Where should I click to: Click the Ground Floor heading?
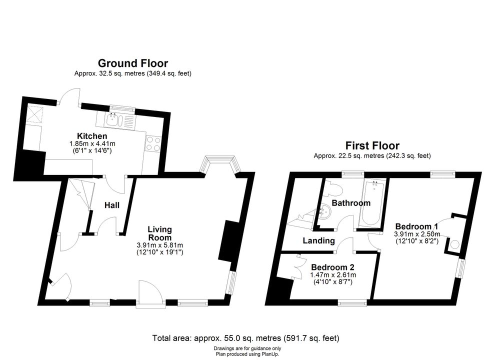point(133,63)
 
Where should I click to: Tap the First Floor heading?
point(372,145)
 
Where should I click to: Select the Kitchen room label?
point(92,136)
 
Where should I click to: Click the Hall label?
point(112,205)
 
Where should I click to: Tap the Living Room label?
point(159,233)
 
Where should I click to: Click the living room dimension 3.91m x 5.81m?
point(159,245)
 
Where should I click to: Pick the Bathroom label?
point(351,202)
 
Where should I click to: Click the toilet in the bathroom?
point(334,189)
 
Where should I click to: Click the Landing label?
point(318,240)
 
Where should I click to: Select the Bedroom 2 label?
point(332,267)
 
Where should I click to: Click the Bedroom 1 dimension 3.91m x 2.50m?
point(416,234)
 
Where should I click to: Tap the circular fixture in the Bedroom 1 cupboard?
point(454,244)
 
